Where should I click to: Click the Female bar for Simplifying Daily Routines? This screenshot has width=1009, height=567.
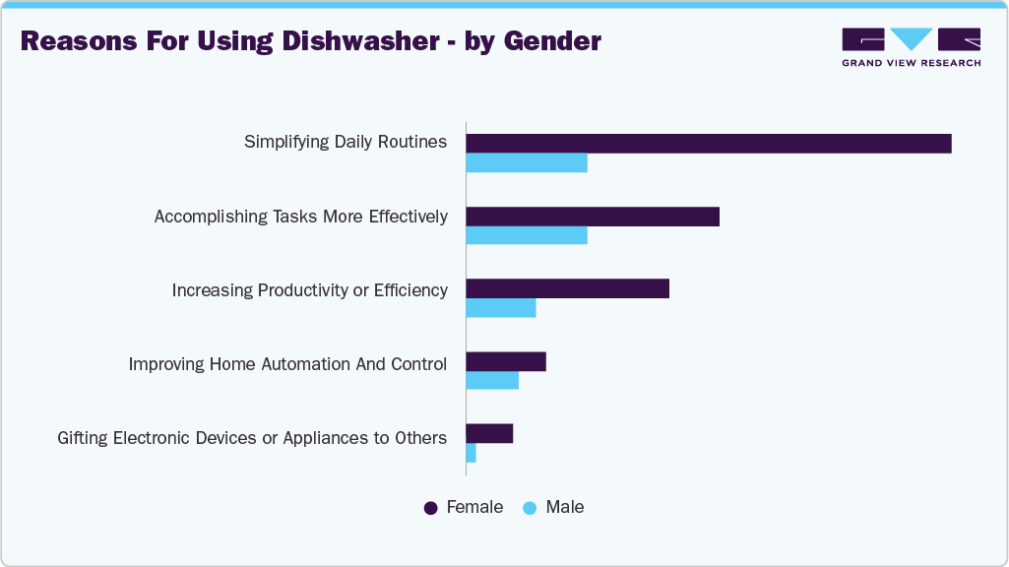click(709, 144)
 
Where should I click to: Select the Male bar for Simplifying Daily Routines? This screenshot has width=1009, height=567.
click(527, 162)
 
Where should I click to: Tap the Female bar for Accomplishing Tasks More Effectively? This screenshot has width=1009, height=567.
click(593, 217)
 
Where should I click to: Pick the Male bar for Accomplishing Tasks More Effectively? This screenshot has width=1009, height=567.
click(527, 235)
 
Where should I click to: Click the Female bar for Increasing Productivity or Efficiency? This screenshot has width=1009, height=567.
click(567, 288)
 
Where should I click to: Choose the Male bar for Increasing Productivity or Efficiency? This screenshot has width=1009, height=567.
click(501, 308)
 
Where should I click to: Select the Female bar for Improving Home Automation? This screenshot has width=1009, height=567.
click(506, 361)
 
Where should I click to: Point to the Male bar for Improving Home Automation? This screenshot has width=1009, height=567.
click(492, 381)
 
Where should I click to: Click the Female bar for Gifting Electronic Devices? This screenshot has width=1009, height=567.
click(489, 434)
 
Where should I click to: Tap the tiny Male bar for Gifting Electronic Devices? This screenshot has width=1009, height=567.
click(472, 453)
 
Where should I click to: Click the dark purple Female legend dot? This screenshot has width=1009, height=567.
click(431, 508)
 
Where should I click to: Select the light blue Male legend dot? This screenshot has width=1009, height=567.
click(531, 508)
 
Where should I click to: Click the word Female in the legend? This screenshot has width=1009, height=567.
click(474, 508)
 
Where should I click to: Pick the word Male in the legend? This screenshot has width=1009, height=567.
click(565, 508)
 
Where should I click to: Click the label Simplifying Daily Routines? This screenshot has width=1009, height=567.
click(346, 143)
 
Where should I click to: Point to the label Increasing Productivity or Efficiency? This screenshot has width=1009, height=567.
click(309, 290)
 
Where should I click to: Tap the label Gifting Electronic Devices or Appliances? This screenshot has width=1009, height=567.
click(252, 438)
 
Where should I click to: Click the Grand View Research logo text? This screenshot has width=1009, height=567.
click(911, 63)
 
